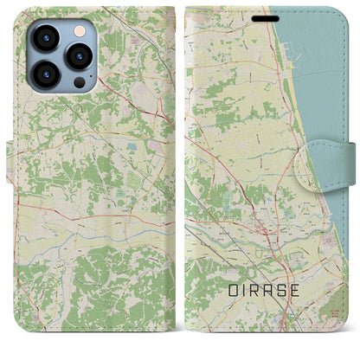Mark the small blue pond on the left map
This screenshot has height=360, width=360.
(131, 148)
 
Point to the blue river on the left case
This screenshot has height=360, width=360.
(104, 232)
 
